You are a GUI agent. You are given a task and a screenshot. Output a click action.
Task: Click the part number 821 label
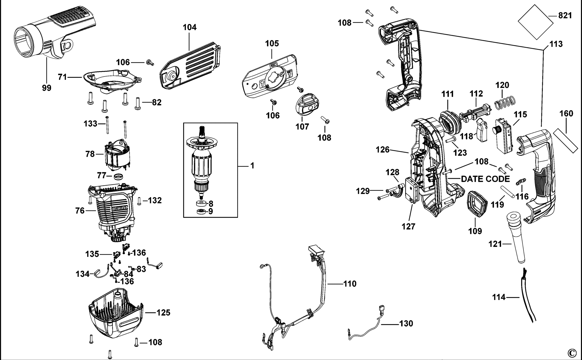coord(565,16)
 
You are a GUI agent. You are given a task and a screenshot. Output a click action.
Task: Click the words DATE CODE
coord(485,179)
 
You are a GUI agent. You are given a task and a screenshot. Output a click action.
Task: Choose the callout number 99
coord(47,88)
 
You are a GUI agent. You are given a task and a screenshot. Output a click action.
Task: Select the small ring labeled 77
coord(119,177)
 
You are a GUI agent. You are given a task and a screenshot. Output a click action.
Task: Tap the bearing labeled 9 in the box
coord(201,212)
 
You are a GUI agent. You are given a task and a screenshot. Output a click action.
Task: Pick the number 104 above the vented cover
coord(190,27)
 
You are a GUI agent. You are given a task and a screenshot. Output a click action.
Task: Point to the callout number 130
coord(406,323)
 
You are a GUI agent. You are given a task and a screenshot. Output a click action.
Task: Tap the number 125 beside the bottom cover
coord(163,313)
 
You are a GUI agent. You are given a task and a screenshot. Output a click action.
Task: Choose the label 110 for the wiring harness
coord(350,284)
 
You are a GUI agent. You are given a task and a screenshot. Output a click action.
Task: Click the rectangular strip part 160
coord(565,141)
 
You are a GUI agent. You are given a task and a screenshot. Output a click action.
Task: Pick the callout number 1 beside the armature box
coord(252,166)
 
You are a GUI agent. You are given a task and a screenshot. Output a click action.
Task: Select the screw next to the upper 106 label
coord(150,63)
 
